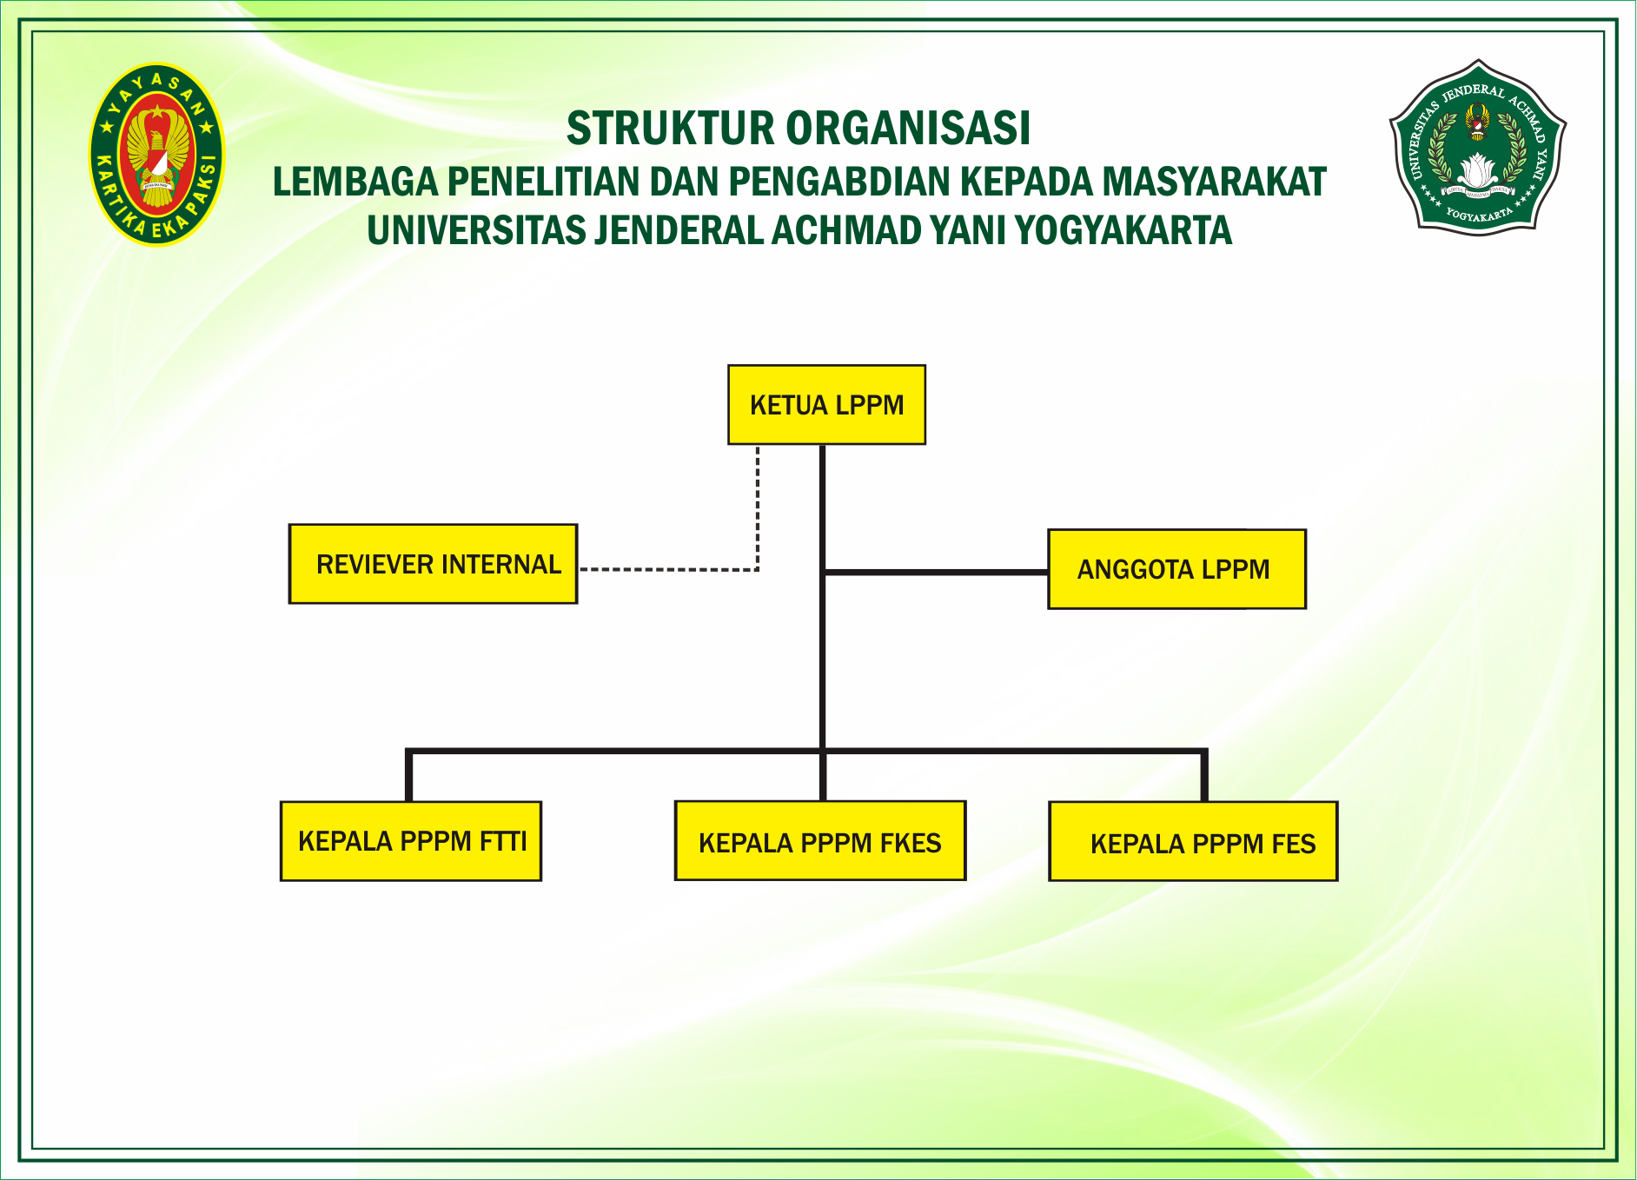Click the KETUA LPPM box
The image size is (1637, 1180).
826,405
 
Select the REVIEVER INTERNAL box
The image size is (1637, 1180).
433,564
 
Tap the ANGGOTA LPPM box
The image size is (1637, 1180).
1176,569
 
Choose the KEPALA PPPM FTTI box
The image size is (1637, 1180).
411,841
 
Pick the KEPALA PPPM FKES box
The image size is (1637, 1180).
820,841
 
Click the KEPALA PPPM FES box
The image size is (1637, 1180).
1193,841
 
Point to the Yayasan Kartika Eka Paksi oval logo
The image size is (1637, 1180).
156,155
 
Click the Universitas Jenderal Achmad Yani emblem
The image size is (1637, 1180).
1477,146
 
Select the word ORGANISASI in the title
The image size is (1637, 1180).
909,129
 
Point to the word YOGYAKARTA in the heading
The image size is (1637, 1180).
1123,231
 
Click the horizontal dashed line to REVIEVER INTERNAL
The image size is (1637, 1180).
669,570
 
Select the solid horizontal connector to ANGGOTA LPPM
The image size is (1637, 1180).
935,572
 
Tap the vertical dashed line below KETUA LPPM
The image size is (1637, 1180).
758,508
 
